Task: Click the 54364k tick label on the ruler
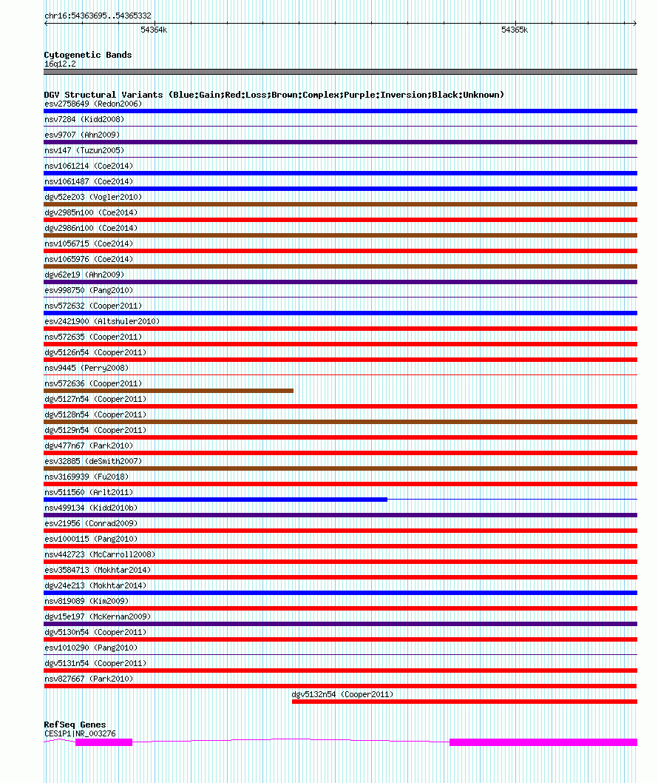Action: click(x=154, y=30)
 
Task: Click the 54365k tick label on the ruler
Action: click(x=515, y=30)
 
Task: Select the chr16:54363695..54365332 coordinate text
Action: click(x=98, y=16)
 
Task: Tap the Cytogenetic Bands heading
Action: click(x=87, y=55)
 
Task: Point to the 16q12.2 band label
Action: click(x=60, y=64)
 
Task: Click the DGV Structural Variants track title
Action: click(x=274, y=95)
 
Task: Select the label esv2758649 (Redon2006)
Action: click(x=93, y=104)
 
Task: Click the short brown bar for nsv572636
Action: click(x=169, y=391)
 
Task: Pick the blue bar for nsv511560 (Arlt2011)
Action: click(x=215, y=500)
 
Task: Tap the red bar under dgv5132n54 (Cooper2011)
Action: click(x=464, y=702)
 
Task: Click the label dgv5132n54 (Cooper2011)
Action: click(x=342, y=694)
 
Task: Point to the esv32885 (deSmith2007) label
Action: click(x=92, y=461)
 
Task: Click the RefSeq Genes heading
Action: click(x=75, y=725)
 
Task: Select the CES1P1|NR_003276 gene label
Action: click(x=80, y=733)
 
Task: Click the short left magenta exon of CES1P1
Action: click(x=104, y=742)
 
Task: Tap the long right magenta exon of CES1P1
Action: click(x=543, y=742)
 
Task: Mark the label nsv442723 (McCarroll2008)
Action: click(x=100, y=554)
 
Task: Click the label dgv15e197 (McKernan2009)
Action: click(x=98, y=616)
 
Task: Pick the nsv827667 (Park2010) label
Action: click(x=89, y=679)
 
